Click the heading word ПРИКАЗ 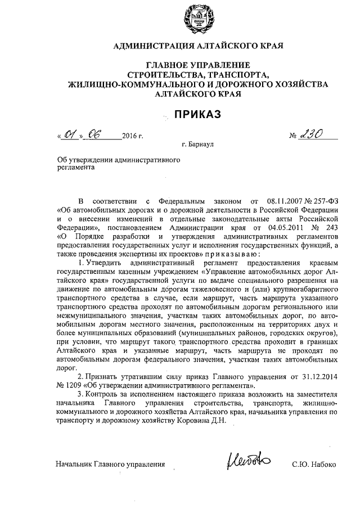point(196,115)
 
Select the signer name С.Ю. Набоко point(314,465)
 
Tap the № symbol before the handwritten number point(294,137)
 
